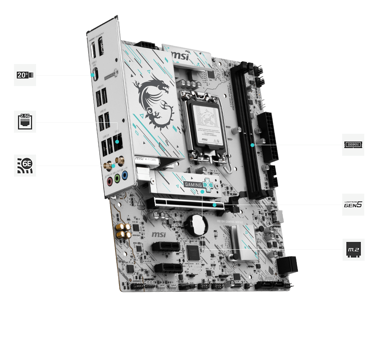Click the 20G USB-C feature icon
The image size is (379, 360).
[25, 75]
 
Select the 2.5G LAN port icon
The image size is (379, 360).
[25, 122]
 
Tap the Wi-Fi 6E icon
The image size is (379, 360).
[25, 165]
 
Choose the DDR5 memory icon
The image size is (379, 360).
[353, 144]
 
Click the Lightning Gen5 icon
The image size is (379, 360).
[353, 205]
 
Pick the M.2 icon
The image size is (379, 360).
[353, 249]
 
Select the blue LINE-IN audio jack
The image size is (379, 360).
[125, 175]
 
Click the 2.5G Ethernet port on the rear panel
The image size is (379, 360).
[117, 143]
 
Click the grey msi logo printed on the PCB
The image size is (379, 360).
[160, 235]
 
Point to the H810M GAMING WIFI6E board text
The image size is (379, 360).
[230, 220]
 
